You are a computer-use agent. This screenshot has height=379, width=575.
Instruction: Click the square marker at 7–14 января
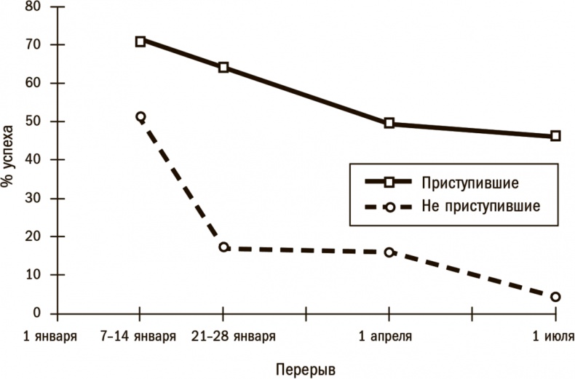[x=140, y=41]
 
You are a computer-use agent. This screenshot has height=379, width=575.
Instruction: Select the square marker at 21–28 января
[x=223, y=68]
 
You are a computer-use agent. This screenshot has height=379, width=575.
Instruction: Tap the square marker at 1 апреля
[x=389, y=124]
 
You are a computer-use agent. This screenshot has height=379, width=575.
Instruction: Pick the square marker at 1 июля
[x=555, y=136]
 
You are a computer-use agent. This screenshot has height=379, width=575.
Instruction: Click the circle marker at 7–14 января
[x=140, y=116]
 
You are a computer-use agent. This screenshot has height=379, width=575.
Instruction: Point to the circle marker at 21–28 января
[x=223, y=247]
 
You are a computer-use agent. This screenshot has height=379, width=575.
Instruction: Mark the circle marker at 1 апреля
[x=389, y=252]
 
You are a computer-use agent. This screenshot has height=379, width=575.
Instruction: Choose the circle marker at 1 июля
[x=555, y=297]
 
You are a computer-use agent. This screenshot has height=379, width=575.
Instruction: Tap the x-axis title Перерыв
[x=306, y=368]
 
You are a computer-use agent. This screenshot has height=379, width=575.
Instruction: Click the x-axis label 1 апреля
[x=386, y=337]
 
